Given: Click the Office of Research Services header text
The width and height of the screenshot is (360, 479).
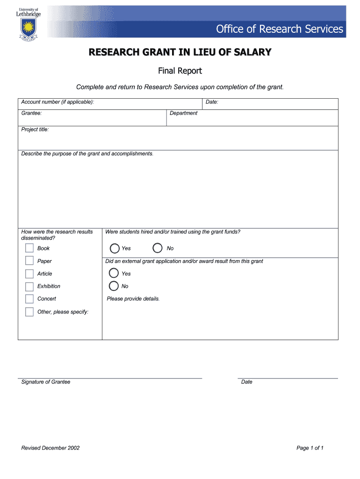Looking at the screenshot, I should pos(279,29).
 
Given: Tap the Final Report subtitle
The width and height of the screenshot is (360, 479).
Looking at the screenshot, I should pos(180,71).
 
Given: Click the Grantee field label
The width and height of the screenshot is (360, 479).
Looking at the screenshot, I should pos(32,113).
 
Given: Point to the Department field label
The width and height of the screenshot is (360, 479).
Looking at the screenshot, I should pos(183,113).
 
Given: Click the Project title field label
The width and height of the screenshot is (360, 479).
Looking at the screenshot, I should pos(35,130).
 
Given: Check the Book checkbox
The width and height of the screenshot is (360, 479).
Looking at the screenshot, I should pos(29,248).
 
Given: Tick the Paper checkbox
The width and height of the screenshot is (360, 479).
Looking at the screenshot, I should pos(29,261).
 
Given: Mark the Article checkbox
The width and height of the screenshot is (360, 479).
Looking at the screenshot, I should pos(29,274).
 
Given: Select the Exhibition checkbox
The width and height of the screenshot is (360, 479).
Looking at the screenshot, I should pos(29,286).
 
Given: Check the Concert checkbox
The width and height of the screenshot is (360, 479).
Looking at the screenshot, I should pos(29,299).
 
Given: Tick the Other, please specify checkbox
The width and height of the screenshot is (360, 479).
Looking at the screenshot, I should pos(29,312).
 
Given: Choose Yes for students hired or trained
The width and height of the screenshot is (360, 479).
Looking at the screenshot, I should pos(115,248).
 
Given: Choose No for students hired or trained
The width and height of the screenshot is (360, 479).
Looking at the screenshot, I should pos(158,248).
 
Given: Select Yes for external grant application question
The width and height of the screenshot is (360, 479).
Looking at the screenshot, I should pos(114,273).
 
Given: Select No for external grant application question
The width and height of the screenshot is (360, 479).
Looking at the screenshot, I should pos(114,286).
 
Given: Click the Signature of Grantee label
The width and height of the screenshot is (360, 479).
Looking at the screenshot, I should pos(46,382).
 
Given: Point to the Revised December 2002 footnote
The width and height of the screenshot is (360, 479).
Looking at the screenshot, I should pos(50,448).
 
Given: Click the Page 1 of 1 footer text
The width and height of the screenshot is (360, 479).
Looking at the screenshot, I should pos(310,448).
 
